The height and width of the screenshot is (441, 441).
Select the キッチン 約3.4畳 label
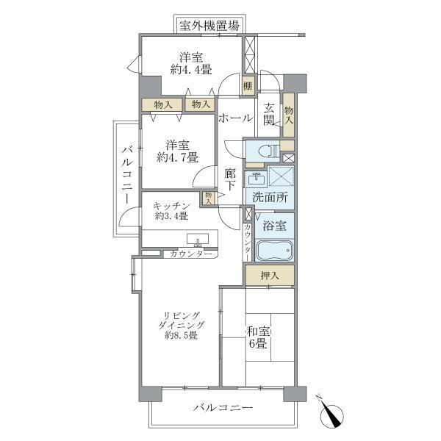(x=172, y=211)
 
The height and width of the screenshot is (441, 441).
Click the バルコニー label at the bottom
(x=223, y=407)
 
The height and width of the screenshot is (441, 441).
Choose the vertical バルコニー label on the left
(x=126, y=173)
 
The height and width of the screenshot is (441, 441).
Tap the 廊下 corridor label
(x=230, y=181)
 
